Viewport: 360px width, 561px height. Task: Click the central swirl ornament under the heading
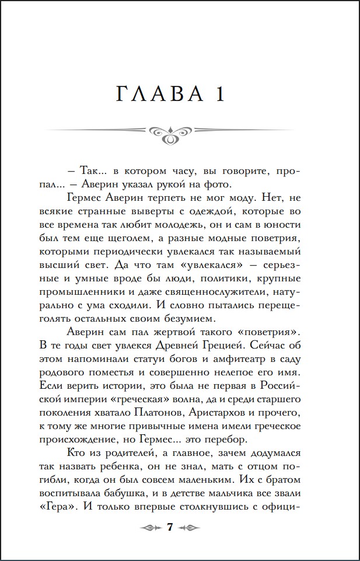click(x=169, y=134)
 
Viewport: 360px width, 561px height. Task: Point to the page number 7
click(x=170, y=527)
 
